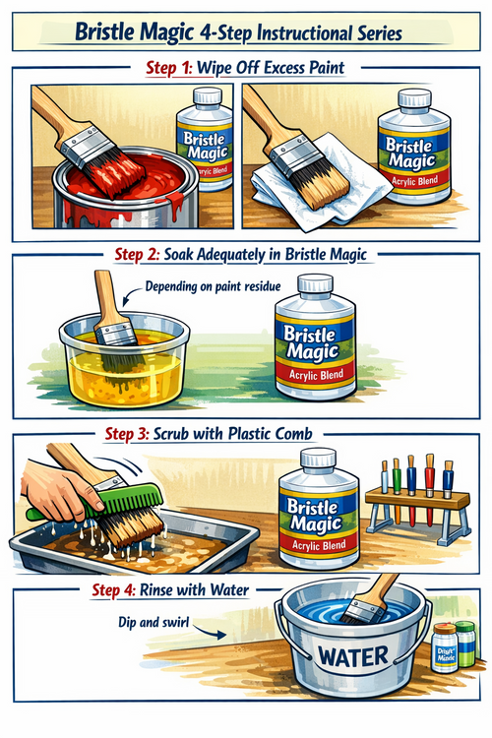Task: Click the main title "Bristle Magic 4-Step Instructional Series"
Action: point(246,32)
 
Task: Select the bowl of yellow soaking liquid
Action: point(108,364)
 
